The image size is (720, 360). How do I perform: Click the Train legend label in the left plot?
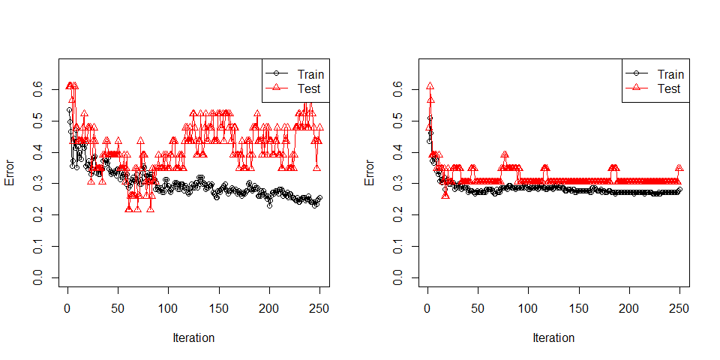[310, 74]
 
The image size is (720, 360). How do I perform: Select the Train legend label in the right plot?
[670, 74]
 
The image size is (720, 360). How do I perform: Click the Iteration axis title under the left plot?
[193, 337]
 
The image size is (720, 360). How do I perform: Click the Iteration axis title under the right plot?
[553, 337]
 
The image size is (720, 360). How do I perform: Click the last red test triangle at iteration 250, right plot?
[679, 169]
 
